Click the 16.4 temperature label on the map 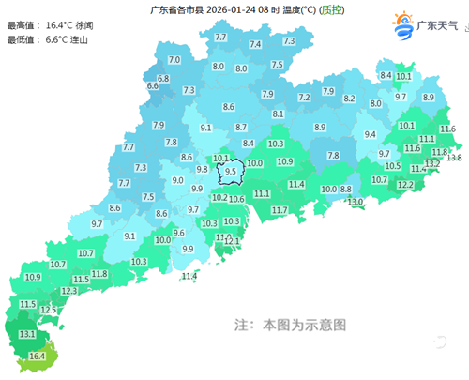[x=38, y=357]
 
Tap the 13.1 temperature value [x=27, y=335]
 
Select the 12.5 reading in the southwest [x=49, y=310]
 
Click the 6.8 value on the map [x=163, y=79]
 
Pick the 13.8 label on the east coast [x=454, y=158]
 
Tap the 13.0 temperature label [x=356, y=203]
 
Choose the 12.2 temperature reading [x=404, y=186]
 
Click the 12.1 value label [x=232, y=242]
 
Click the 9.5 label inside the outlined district [x=231, y=173]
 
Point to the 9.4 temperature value [x=371, y=135]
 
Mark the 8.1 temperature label [x=278, y=114]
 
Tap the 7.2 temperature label [x=304, y=98]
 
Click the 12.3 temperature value [x=68, y=292]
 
